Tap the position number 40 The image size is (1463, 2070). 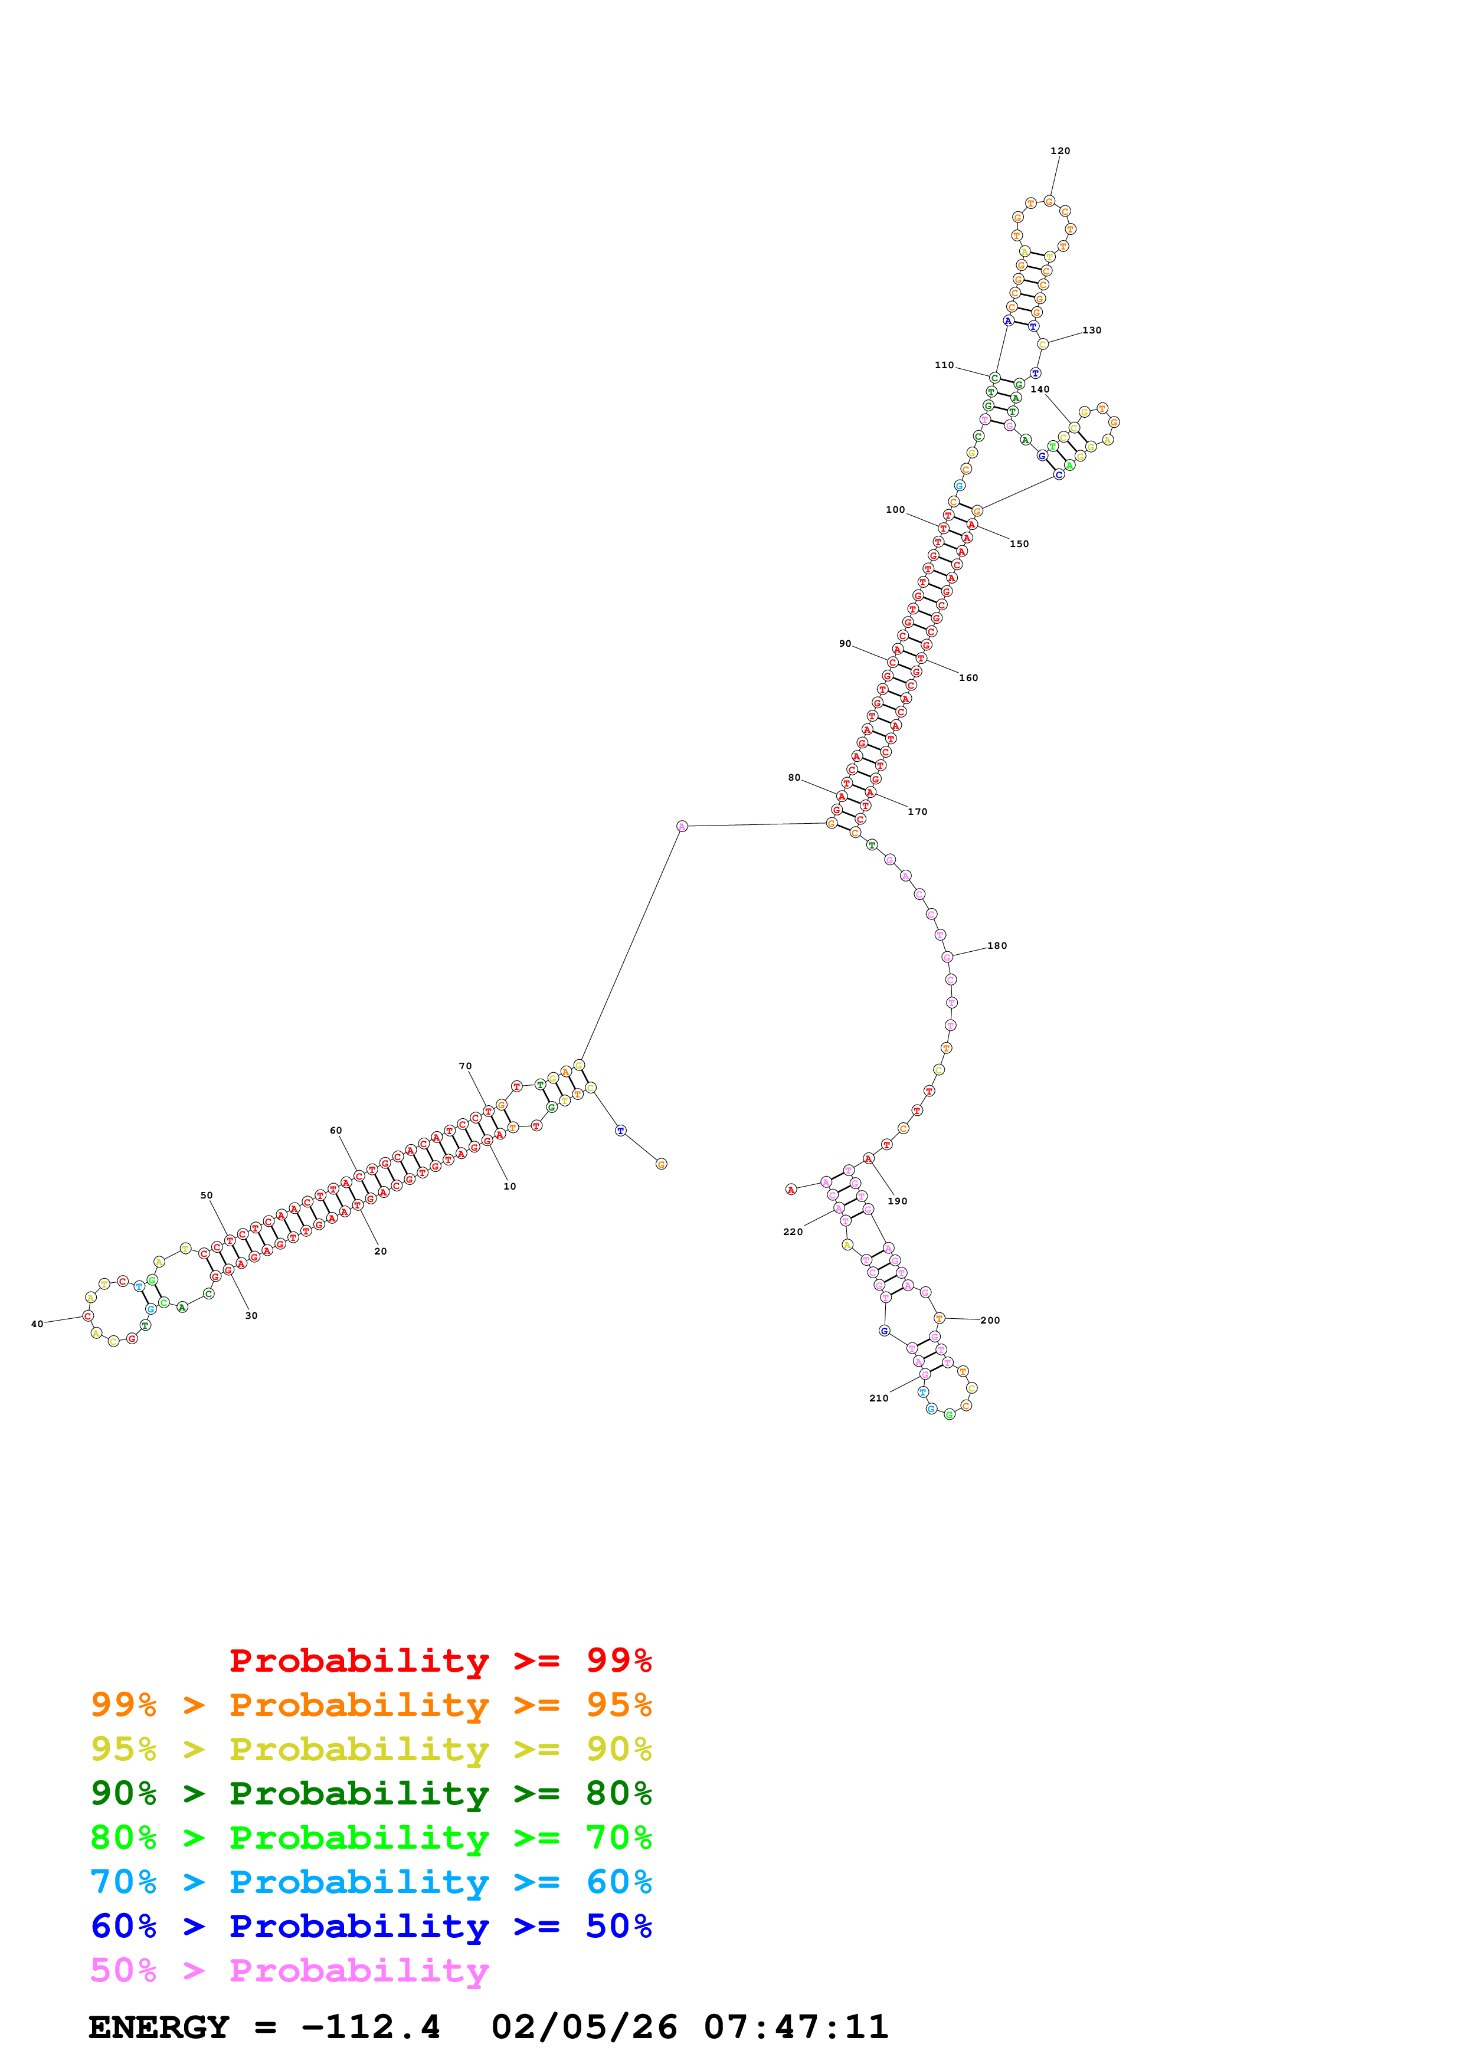(x=37, y=1324)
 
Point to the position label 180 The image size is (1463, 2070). (x=997, y=946)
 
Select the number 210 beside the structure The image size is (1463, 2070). (x=879, y=1398)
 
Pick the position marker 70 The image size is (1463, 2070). (x=465, y=1066)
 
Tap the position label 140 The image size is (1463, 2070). (x=1040, y=389)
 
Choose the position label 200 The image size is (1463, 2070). (x=991, y=1321)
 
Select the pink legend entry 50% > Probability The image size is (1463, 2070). (x=289, y=1971)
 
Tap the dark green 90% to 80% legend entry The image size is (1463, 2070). (x=371, y=1793)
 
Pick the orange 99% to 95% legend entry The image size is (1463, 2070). (x=371, y=1705)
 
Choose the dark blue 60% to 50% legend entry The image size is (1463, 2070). (x=371, y=1926)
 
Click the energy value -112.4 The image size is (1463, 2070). (x=371, y=2028)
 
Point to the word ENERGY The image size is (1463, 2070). (x=159, y=2028)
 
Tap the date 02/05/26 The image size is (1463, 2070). (x=584, y=2028)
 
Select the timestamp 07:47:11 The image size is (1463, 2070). (x=796, y=2028)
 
